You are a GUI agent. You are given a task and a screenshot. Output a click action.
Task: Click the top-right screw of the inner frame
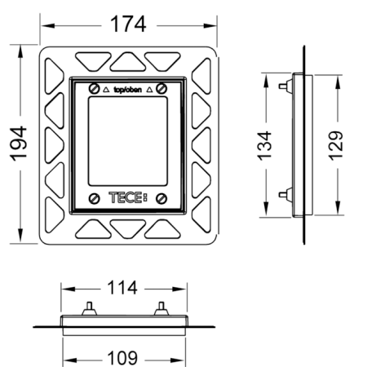point(163,87)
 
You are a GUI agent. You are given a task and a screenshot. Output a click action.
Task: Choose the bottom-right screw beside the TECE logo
point(163,198)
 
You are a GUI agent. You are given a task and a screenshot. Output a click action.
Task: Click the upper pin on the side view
point(283,85)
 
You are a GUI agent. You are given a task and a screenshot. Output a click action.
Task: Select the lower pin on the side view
point(283,194)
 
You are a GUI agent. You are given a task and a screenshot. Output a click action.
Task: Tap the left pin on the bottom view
point(87,308)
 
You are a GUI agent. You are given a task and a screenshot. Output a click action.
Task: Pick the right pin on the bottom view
point(161,308)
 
